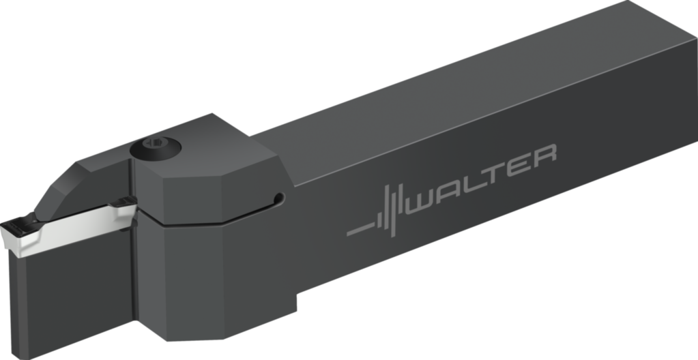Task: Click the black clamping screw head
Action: pos(156,148)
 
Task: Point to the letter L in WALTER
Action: pos(474,183)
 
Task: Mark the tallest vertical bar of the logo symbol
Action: pos(392,211)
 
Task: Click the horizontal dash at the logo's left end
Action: pos(360,230)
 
